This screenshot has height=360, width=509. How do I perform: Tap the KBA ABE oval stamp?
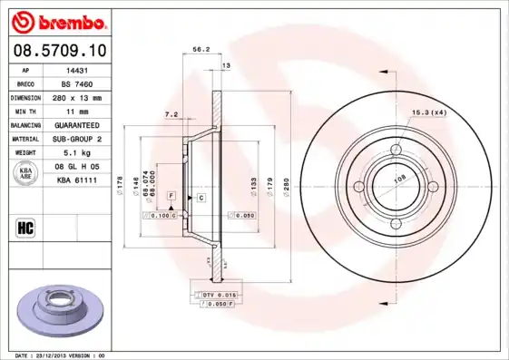point(25,174)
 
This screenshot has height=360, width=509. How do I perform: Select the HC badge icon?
point(24,227)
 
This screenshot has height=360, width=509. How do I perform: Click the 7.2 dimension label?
point(171,114)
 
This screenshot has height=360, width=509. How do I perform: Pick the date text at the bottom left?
point(57,355)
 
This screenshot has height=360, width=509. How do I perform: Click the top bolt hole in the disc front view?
point(396,151)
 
